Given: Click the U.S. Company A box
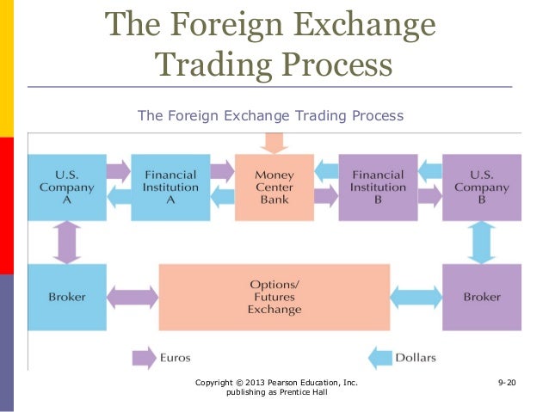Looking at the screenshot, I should pos(67,188).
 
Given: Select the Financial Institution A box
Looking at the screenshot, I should pos(170,188).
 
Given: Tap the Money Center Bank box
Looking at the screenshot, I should pos(274,188).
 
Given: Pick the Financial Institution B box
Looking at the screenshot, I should pos(378,188).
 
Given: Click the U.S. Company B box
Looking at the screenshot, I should pos(481,188).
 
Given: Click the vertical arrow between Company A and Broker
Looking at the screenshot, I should pos(67,243).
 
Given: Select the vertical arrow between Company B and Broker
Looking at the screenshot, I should pos(481,243).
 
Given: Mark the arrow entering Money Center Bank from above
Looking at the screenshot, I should pos(274,143).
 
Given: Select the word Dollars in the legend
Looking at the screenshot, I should pos(415,357).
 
